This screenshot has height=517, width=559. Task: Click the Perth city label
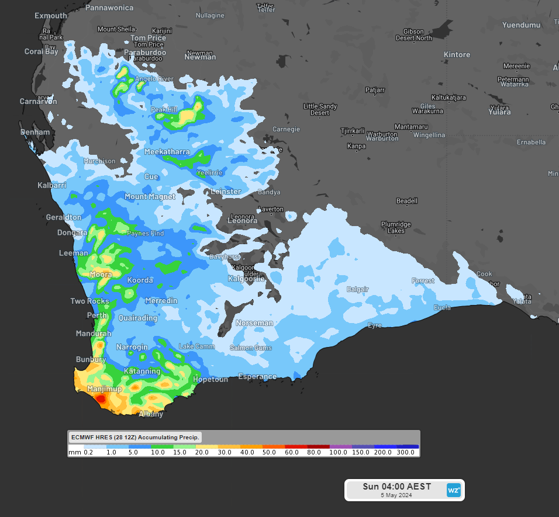[97, 315]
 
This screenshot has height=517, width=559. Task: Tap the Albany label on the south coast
[151, 414]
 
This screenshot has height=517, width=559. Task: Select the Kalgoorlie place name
[246, 279]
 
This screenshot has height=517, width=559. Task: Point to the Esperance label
[257, 377]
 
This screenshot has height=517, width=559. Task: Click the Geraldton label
[63, 217]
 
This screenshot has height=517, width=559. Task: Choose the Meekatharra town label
[167, 152]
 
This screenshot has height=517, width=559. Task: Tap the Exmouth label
[51, 16]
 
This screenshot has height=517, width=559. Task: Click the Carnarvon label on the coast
[39, 101]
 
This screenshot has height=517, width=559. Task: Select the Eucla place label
[443, 308]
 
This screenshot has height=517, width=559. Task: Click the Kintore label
[457, 55]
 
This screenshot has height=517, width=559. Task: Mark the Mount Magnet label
[150, 197]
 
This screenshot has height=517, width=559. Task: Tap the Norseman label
[254, 323]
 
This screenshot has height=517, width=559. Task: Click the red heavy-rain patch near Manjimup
[101, 399]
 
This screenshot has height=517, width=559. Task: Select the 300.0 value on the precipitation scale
[406, 453]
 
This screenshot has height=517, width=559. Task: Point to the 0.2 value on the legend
[89, 453]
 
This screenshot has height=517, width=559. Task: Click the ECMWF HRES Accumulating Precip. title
[135, 437]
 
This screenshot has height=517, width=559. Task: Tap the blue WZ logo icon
[453, 490]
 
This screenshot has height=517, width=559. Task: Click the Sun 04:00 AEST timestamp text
[396, 487]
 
